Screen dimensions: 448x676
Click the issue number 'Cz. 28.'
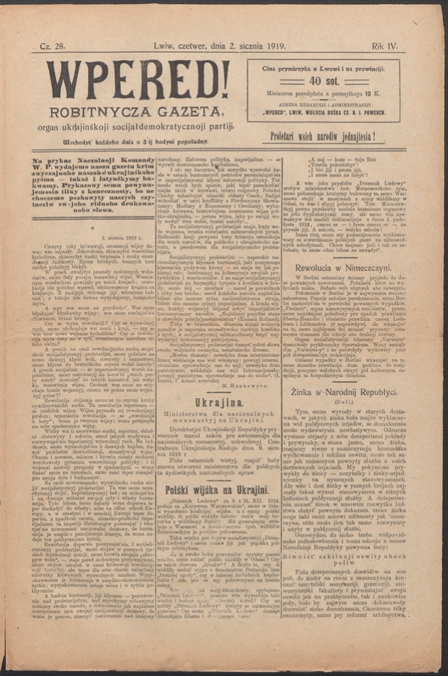point(56,47)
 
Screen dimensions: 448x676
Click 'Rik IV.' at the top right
point(386,47)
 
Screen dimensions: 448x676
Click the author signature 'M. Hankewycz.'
point(242,383)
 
